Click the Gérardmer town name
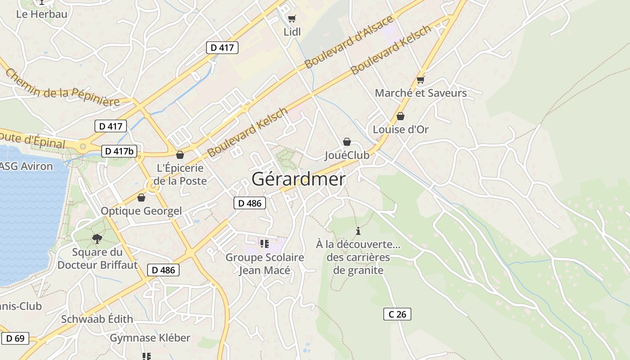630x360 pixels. [x=298, y=179]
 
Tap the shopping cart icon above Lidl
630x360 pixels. [x=292, y=18]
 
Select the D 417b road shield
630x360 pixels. [x=119, y=151]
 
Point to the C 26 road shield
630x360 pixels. [x=397, y=314]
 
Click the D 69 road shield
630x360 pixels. [x=15, y=338]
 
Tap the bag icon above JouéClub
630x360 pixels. [x=347, y=142]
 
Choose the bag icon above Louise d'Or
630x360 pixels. [x=400, y=116]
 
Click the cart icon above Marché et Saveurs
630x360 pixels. [x=421, y=80]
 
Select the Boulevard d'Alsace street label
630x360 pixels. [x=349, y=42]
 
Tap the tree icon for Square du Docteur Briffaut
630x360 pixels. [x=97, y=238]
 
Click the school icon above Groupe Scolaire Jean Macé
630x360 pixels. [x=265, y=244]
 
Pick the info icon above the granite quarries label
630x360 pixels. [x=358, y=231]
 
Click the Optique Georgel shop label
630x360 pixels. [x=141, y=211]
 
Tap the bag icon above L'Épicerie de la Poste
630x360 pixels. [x=180, y=155]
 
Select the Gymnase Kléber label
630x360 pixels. [x=150, y=337]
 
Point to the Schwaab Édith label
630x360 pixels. [x=97, y=319]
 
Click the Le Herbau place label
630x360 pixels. [x=41, y=14]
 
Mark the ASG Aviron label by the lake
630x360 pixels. [x=26, y=166]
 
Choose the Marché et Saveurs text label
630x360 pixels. [x=421, y=93]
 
